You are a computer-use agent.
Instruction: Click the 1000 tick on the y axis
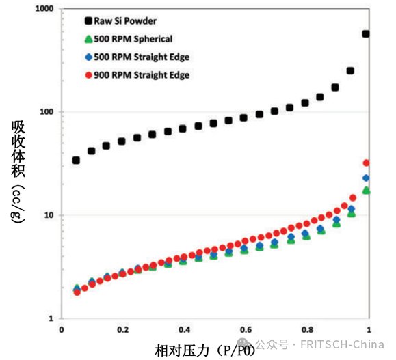[44, 9]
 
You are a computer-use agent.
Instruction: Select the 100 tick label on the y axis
[47, 112]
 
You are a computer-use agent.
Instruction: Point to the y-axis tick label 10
[50, 215]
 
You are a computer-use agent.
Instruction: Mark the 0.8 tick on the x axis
[308, 329]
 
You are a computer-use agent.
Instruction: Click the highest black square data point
[366, 33]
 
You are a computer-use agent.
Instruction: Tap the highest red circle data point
[366, 163]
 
